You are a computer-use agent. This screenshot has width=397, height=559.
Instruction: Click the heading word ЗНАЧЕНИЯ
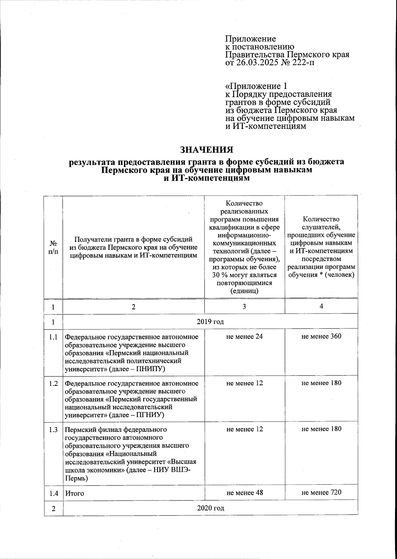[206, 150]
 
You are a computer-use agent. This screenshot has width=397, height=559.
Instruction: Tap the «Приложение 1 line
[256, 86]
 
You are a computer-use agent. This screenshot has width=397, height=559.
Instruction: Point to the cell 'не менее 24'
[244, 337]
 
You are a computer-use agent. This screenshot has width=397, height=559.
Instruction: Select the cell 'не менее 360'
[321, 336]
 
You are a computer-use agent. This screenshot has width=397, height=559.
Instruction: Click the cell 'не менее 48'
[244, 493]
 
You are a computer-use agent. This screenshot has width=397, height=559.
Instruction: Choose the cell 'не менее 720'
[321, 493]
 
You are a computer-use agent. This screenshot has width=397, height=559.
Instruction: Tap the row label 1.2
[53, 383]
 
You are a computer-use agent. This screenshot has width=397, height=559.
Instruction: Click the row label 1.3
[53, 429]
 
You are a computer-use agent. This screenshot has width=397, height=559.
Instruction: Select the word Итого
[74, 493]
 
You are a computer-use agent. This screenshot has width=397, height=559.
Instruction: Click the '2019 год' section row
[210, 321]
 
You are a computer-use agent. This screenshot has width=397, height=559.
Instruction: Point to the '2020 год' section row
[210, 508]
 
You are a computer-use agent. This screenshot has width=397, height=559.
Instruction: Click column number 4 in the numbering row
[321, 306]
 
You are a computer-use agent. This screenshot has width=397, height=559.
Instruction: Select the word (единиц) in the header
[244, 291]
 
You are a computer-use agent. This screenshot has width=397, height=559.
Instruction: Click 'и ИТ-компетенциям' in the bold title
[206, 178]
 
